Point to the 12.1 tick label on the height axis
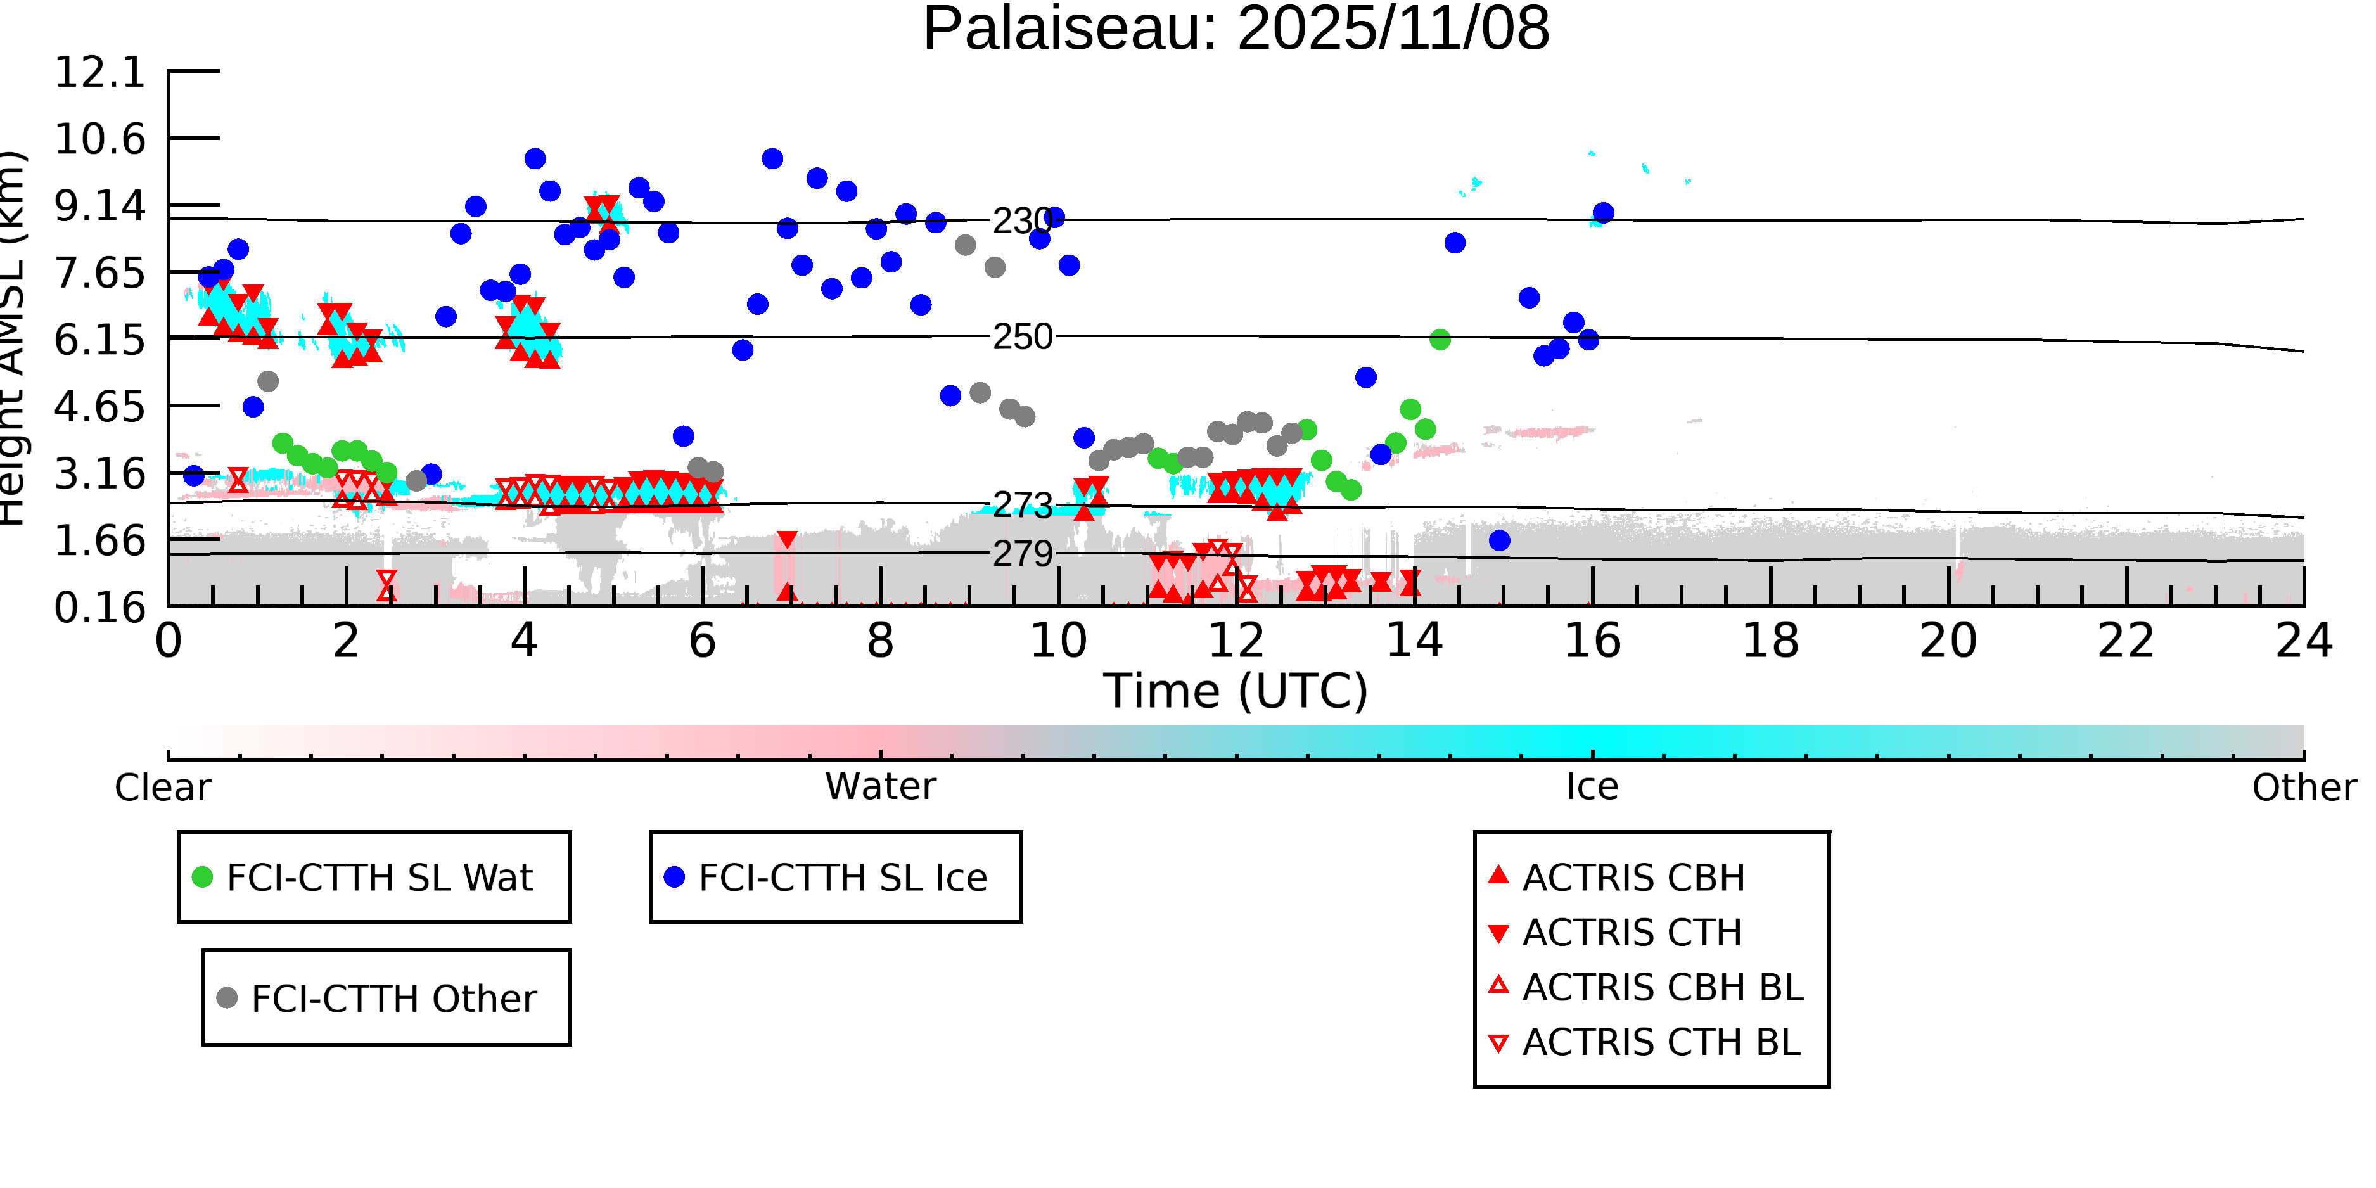click(99, 72)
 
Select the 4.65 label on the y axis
click(99, 407)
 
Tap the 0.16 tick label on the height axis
click(99, 608)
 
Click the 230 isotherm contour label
click(1022, 221)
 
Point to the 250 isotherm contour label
click(1022, 338)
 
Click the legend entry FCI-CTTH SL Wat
click(379, 877)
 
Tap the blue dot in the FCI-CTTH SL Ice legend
click(674, 877)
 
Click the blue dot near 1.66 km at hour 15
click(1500, 540)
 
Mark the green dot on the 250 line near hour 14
click(1440, 340)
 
